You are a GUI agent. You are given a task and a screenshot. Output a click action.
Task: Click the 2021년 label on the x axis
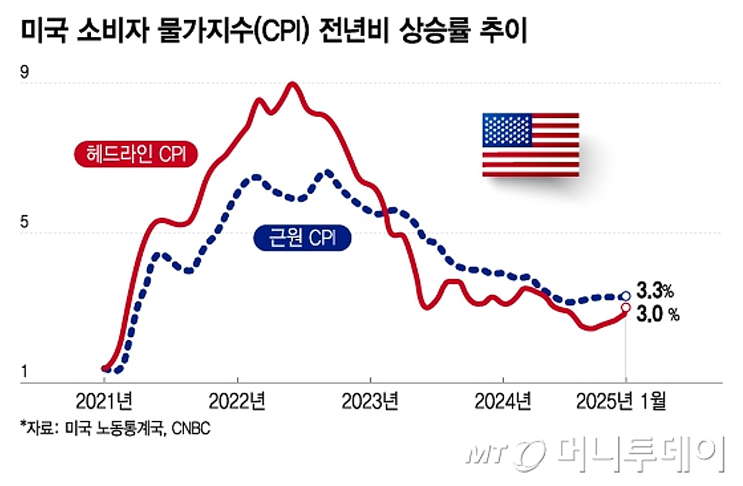tap(104, 402)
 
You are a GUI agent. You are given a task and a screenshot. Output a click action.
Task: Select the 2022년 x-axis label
tap(237, 402)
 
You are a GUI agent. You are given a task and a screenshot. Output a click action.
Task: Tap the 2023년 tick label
tap(370, 402)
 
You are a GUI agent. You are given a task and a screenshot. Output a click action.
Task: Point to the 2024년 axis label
tap(503, 402)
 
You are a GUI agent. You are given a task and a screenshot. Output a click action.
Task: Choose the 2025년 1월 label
tap(621, 402)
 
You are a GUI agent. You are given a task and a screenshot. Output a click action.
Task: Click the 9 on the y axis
tap(25, 72)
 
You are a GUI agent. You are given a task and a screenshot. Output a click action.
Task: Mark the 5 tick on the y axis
tap(25, 223)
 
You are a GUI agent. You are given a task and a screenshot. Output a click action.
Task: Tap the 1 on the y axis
tap(25, 372)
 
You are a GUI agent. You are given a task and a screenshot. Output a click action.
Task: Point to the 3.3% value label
tap(654, 290)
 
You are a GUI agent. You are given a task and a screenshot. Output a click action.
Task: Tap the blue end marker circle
tap(626, 296)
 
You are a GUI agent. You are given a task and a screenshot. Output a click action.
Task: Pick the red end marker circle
tap(626, 308)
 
